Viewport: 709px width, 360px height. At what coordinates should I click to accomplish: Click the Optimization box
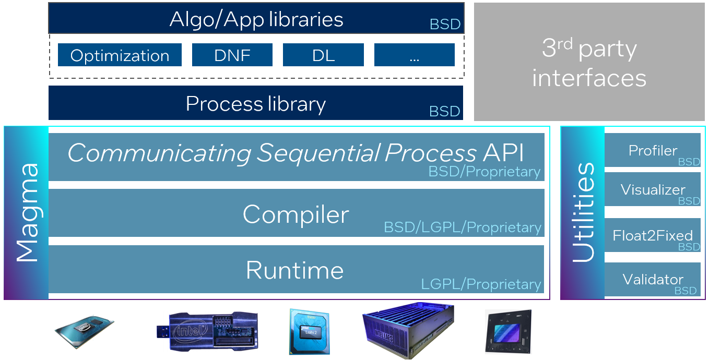tap(120, 55)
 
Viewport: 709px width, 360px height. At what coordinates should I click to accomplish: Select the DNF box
tap(232, 55)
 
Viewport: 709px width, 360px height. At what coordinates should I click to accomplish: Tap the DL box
tap(323, 55)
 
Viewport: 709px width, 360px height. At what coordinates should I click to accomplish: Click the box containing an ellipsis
tap(415, 55)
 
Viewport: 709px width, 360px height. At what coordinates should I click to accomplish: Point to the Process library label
tap(255, 104)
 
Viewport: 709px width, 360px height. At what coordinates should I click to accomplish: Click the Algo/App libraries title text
tap(256, 19)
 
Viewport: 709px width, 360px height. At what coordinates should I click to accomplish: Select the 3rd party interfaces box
tap(589, 62)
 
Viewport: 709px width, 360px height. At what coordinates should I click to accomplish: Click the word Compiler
tap(296, 214)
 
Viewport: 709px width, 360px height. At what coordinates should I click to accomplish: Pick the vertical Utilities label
tap(583, 212)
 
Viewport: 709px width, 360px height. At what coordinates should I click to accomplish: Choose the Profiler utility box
tap(652, 150)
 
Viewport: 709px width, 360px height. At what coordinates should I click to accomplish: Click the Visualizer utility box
tap(652, 189)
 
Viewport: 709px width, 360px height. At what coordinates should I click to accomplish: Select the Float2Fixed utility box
tap(652, 235)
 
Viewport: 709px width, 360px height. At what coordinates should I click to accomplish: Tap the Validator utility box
tap(652, 280)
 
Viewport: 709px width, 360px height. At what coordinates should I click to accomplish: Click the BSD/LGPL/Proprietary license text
tap(463, 227)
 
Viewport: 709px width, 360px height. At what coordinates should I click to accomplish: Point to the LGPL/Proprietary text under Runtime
tap(481, 284)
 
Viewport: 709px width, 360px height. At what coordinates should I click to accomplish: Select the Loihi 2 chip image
tap(309, 331)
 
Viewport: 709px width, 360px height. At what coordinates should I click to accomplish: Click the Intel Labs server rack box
tap(408, 329)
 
